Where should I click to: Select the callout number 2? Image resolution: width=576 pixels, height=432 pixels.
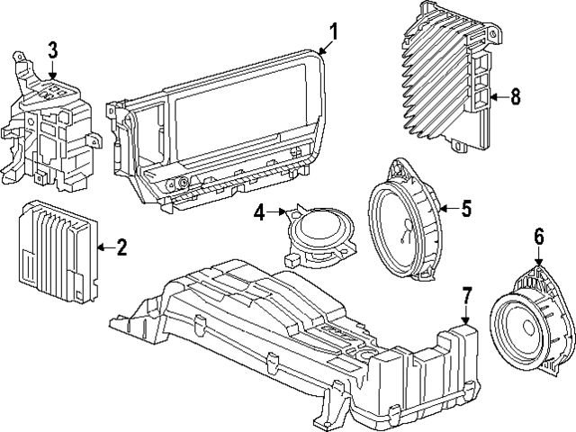[x=122, y=246]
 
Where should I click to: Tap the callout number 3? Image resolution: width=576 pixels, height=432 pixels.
[x=53, y=49]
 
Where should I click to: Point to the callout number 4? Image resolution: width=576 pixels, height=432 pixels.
[x=259, y=213]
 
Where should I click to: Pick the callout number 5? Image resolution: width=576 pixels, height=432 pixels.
[x=466, y=209]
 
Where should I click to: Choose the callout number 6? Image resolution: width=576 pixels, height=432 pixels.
[x=539, y=238]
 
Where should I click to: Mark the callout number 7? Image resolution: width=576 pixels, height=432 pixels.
[x=466, y=294]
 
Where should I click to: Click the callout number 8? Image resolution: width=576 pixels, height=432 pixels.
[x=515, y=97]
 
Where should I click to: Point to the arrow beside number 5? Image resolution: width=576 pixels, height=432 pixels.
[x=447, y=209]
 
